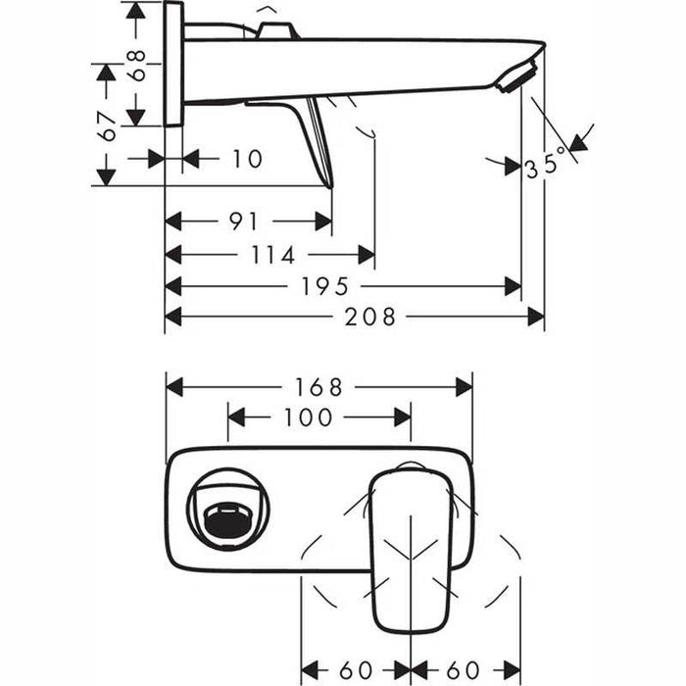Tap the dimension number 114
[273, 255]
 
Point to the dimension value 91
[244, 221]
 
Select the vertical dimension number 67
[107, 124]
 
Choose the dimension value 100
[308, 418]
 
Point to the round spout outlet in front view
[227, 509]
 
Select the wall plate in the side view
[173, 64]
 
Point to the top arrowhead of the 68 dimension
[136, 10]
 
